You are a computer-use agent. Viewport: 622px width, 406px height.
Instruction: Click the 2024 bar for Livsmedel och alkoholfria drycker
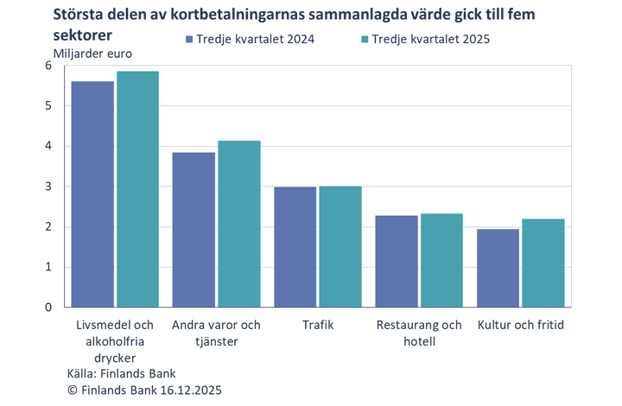coord(92,193)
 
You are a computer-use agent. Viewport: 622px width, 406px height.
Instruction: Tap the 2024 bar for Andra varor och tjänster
coord(194,229)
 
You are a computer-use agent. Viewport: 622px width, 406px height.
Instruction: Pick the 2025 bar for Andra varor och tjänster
coord(238,223)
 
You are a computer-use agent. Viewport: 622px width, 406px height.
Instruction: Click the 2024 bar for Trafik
coord(295,246)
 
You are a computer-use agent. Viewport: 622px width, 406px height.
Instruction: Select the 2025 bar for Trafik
coord(340,245)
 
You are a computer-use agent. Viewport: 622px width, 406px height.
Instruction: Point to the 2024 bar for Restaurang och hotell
coord(397,260)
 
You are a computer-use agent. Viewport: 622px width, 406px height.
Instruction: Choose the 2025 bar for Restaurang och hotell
coord(441,259)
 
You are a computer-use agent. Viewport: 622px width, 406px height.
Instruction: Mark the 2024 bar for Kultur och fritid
coord(498,267)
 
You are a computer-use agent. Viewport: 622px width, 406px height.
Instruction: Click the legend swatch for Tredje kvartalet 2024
coord(187,40)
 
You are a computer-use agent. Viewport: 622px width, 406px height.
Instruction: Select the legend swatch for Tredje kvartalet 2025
coord(365,40)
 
